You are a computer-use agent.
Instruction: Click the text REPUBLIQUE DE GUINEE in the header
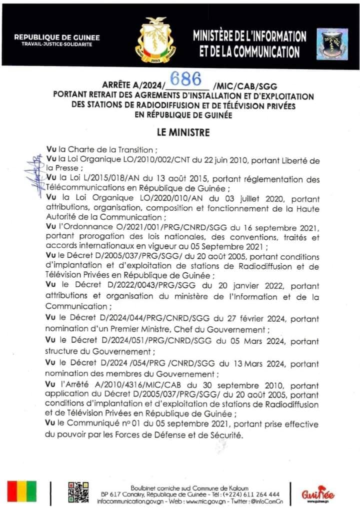click(x=56, y=37)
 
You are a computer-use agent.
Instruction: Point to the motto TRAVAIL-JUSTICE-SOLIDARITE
click(x=56, y=45)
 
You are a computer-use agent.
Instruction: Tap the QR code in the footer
click(x=78, y=492)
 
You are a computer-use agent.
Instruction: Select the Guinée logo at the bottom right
click(x=318, y=494)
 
